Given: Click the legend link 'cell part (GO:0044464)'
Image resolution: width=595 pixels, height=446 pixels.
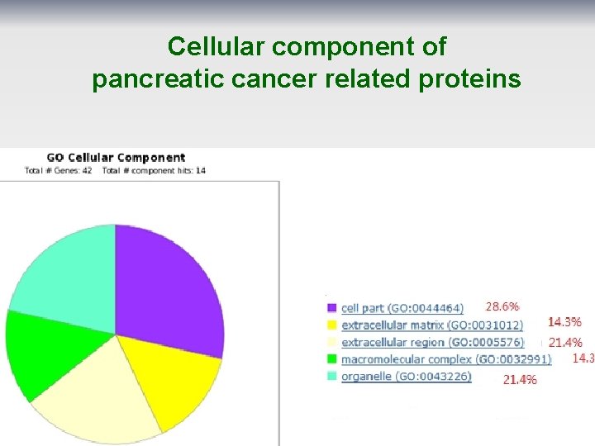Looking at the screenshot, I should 402,308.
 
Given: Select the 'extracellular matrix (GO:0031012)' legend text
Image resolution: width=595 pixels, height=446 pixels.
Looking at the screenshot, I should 432,325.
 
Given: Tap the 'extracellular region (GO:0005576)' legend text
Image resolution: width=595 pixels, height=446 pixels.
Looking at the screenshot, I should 432,342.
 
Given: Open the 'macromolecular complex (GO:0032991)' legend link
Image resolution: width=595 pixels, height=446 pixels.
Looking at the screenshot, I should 445,359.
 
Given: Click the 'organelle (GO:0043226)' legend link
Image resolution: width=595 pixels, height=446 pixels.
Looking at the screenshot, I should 406,377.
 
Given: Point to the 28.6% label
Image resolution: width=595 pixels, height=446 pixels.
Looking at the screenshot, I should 502,306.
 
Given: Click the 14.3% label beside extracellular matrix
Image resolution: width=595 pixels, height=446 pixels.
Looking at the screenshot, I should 564,322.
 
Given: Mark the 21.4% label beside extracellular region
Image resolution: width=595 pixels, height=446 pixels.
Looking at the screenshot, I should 565,342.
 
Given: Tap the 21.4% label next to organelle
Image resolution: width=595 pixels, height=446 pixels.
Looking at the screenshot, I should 520,380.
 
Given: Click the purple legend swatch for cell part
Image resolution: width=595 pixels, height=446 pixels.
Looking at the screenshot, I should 331,308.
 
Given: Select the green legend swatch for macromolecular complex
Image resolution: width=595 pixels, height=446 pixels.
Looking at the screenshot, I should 331,359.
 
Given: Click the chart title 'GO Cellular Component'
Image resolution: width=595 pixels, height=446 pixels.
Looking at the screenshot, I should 116,157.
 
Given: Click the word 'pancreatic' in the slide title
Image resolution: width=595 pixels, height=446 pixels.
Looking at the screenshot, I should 155,79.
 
